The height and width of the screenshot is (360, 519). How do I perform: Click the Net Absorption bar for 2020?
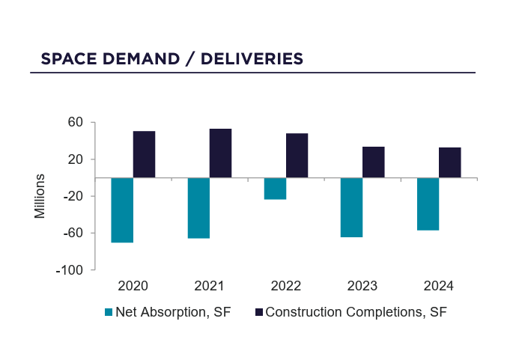(x=122, y=210)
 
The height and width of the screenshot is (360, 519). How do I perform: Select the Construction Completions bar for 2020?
(x=144, y=155)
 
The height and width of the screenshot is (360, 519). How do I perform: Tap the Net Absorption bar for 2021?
(x=198, y=208)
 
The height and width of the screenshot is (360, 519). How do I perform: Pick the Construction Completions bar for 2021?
(x=220, y=153)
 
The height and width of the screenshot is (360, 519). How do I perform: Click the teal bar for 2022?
(x=275, y=189)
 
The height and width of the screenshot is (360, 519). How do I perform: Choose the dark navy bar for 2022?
(x=297, y=156)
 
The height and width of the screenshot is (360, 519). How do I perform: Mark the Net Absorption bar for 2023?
(x=351, y=207)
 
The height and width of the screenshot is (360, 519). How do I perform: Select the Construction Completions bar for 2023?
(x=373, y=162)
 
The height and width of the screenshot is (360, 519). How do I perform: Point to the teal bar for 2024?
(x=428, y=204)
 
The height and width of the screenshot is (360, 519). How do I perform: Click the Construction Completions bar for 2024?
(x=449, y=162)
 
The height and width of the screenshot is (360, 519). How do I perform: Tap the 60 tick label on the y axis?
(x=76, y=122)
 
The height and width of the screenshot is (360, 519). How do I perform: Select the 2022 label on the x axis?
(x=285, y=286)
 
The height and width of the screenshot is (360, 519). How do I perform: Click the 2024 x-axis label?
(x=438, y=286)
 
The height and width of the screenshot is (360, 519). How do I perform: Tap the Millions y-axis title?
(x=40, y=196)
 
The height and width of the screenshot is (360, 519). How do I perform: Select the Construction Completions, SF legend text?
(x=356, y=312)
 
